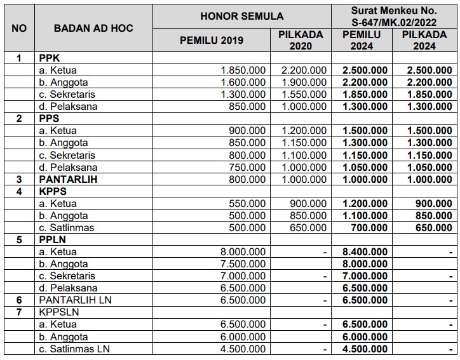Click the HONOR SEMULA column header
[x=242, y=16]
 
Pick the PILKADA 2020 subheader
[x=301, y=41]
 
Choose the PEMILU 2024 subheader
[x=362, y=41]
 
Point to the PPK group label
[x=50, y=58]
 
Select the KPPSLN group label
[x=59, y=312]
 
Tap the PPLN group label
[x=53, y=239]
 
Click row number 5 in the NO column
[x=19, y=239]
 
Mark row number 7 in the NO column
[x=19, y=312]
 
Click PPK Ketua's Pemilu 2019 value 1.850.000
[x=243, y=70]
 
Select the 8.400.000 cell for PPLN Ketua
[x=365, y=251]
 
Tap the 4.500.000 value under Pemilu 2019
[x=243, y=349]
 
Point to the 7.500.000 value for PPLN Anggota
[x=243, y=263]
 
